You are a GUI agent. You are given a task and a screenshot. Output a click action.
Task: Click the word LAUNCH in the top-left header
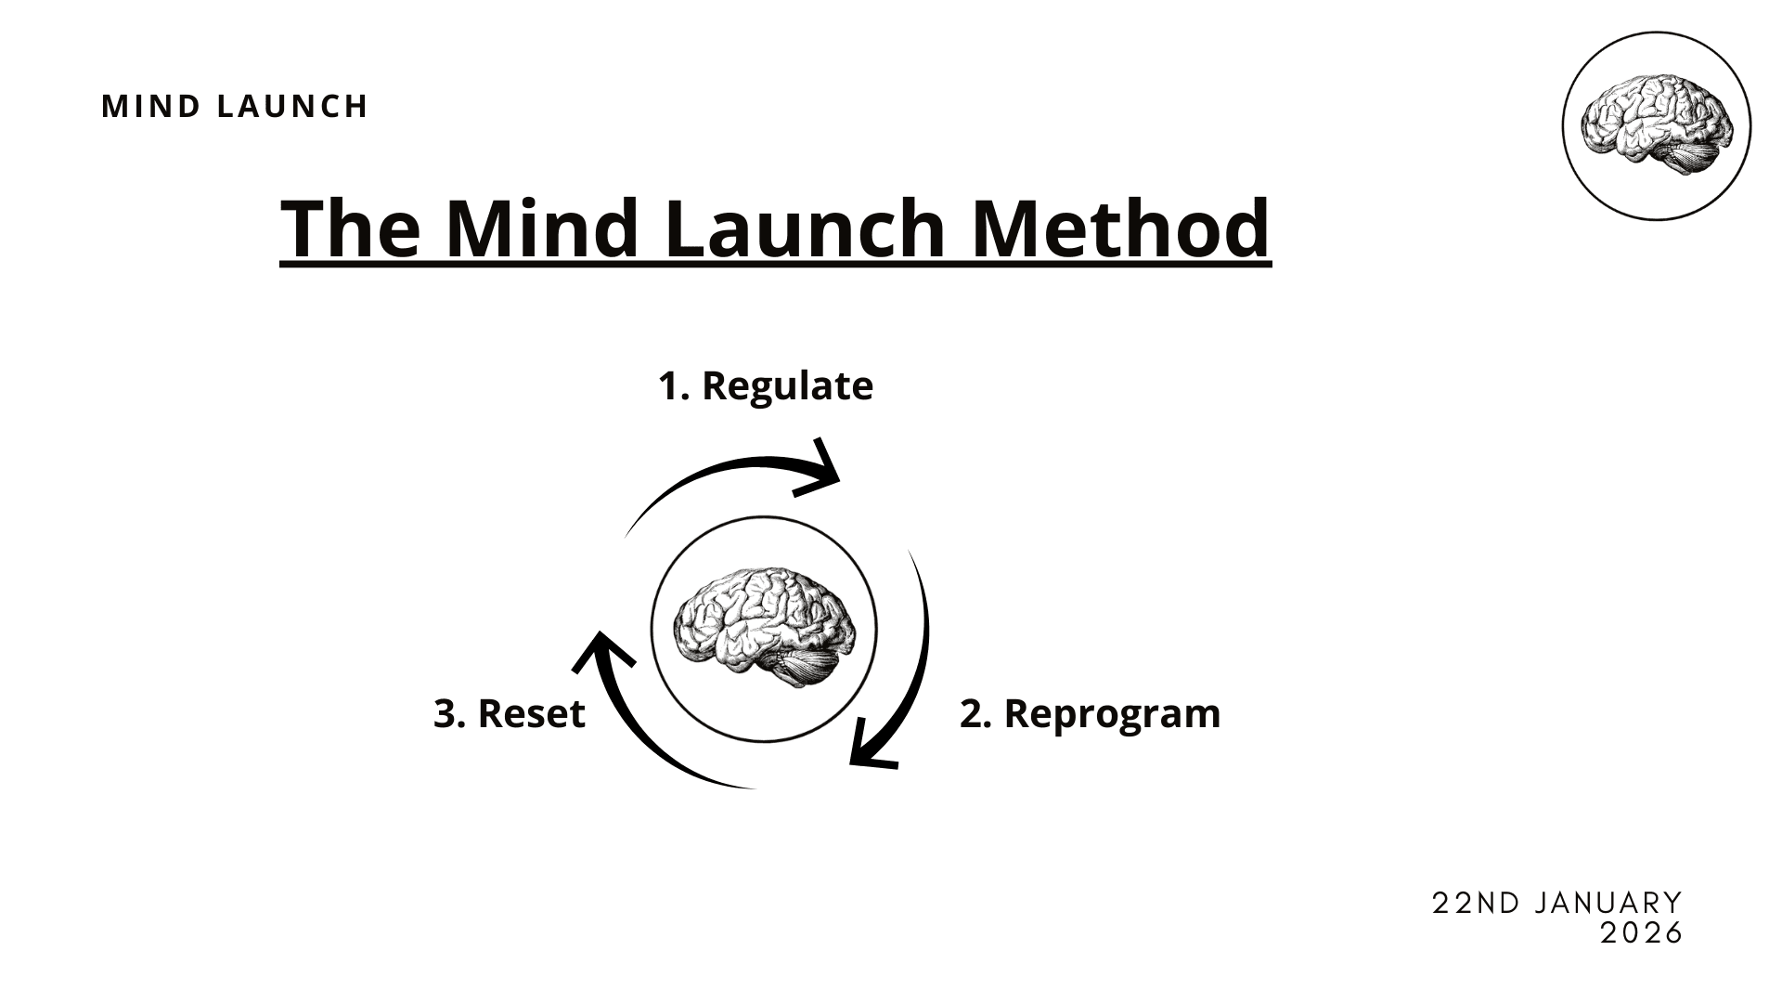(x=292, y=107)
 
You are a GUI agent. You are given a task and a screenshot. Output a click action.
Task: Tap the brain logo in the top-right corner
(x=1657, y=126)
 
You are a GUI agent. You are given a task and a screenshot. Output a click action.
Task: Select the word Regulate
(x=787, y=386)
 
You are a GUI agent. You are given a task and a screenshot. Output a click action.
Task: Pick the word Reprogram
(x=1112, y=714)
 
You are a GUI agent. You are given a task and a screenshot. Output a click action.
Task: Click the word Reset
(x=531, y=714)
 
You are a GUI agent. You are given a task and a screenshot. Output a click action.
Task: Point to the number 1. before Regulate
(x=674, y=386)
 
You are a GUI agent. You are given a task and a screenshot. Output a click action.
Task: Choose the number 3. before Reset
(x=450, y=714)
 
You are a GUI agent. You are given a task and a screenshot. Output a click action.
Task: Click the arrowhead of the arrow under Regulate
(x=824, y=472)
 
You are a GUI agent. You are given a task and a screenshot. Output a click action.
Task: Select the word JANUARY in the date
(x=1608, y=904)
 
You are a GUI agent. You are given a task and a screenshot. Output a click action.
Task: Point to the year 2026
(x=1642, y=933)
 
